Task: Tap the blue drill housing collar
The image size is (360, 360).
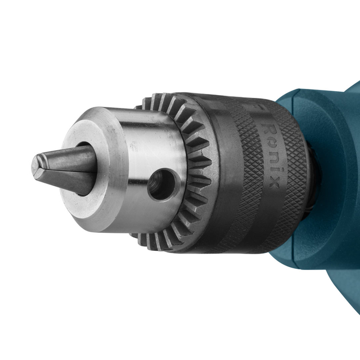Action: (332, 169)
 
